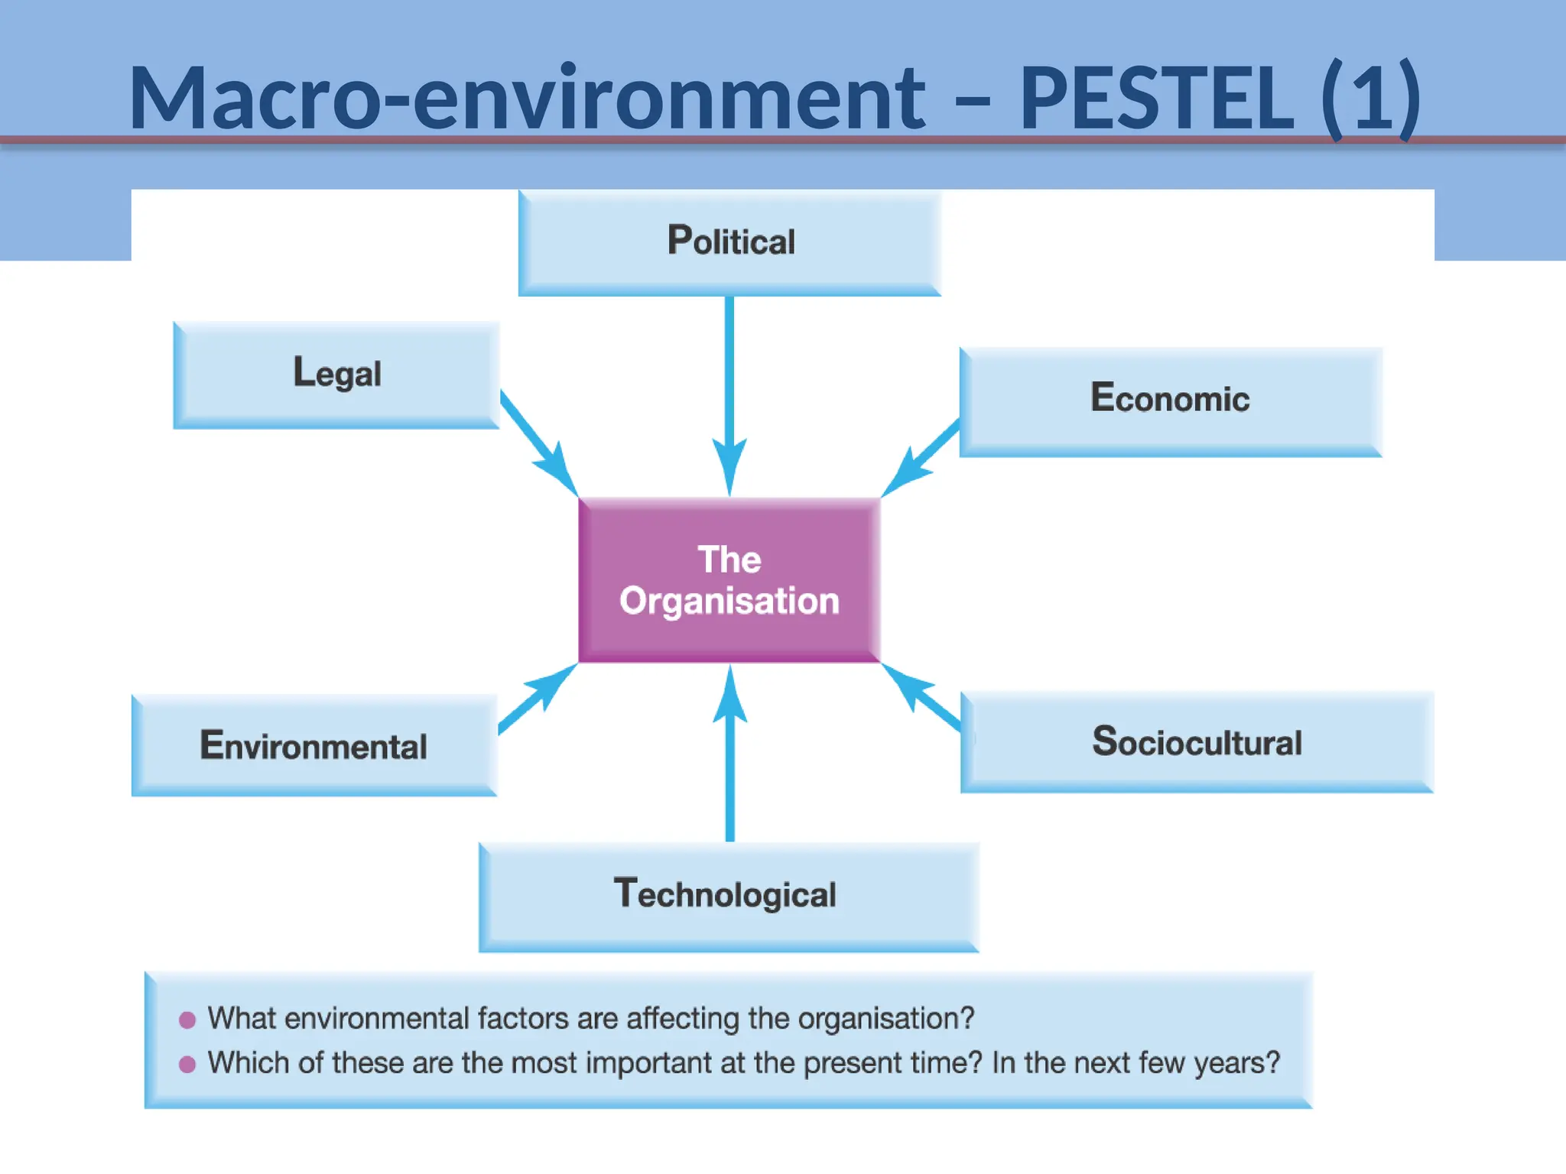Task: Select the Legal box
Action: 336,374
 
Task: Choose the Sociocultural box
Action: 1197,741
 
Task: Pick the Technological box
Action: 728,895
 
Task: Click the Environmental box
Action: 314,745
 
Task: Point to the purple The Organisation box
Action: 729,580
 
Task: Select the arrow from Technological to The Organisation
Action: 730,764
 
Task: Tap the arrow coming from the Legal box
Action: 538,443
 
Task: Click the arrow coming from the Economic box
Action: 921,459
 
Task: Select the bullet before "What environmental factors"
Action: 187,1020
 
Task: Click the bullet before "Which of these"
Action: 187,1064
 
